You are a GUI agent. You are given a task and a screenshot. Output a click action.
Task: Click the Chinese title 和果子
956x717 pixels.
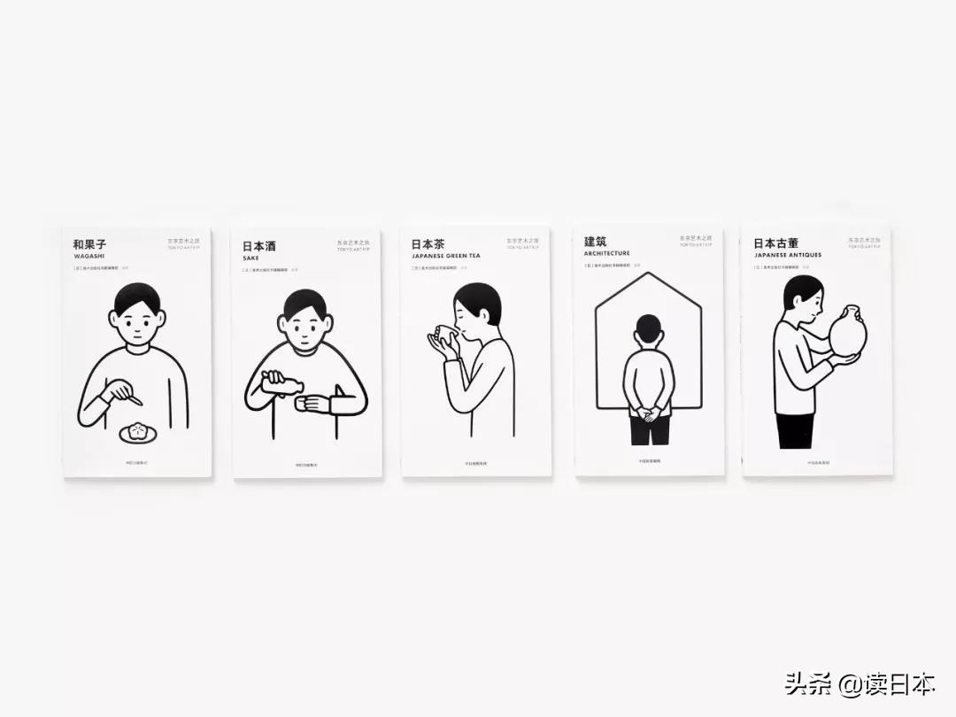click(x=89, y=244)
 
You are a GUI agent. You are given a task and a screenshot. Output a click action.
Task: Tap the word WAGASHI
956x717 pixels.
click(x=89, y=256)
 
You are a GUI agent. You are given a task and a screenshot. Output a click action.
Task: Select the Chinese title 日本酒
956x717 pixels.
click(x=258, y=246)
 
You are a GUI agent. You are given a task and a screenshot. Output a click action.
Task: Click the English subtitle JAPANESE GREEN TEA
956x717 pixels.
click(x=445, y=256)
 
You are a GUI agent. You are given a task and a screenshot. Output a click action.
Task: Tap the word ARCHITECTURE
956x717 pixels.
click(x=606, y=253)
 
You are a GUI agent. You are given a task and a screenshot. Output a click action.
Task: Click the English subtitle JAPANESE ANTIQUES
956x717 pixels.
click(x=788, y=255)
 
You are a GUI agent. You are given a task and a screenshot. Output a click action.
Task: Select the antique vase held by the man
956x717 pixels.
click(x=848, y=332)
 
